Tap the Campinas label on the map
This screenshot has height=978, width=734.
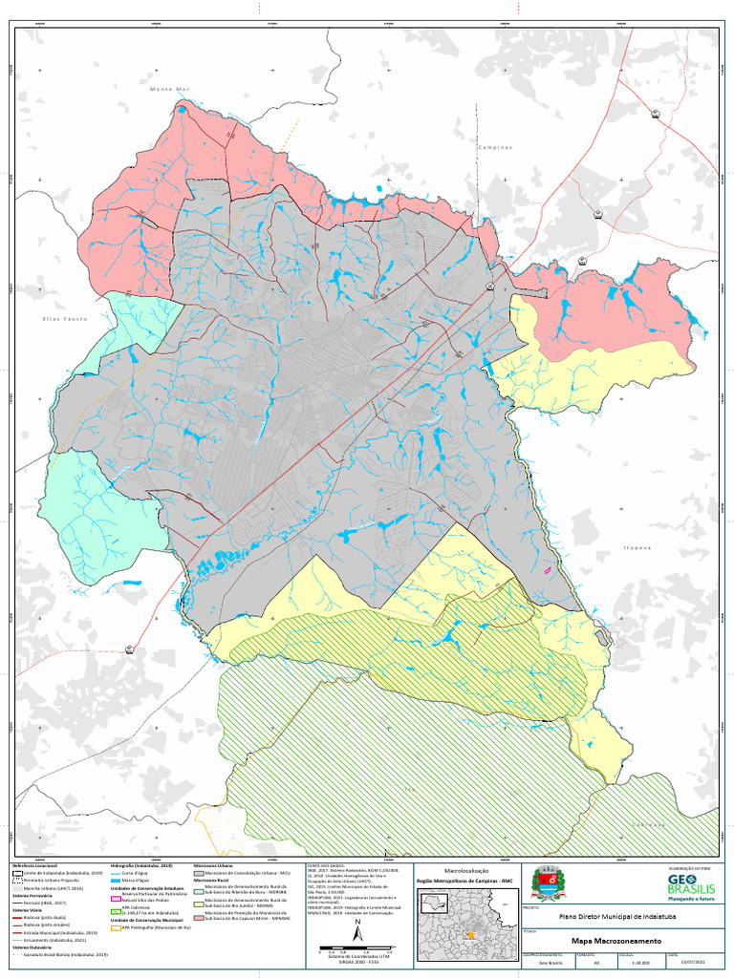(495, 148)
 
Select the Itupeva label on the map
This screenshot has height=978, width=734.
(636, 547)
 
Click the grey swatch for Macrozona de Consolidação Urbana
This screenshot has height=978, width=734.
(198, 873)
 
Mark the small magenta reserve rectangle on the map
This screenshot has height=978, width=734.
(548, 568)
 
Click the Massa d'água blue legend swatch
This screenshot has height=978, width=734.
(116, 880)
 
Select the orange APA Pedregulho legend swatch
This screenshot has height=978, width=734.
(116, 926)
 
